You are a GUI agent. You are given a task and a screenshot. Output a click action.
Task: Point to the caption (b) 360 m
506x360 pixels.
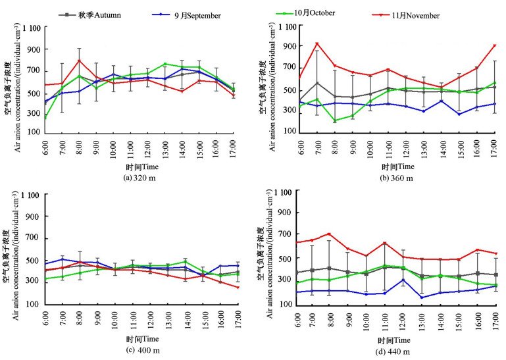coord(391,178)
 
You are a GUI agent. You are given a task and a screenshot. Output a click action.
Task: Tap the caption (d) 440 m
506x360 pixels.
coord(390,351)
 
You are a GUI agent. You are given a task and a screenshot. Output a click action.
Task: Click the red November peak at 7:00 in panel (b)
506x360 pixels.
coord(317,44)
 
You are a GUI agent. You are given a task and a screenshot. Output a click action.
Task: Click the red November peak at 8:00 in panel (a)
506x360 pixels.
coord(79,61)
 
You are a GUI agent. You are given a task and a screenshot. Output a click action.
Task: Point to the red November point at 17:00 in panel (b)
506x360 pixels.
coord(494,45)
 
